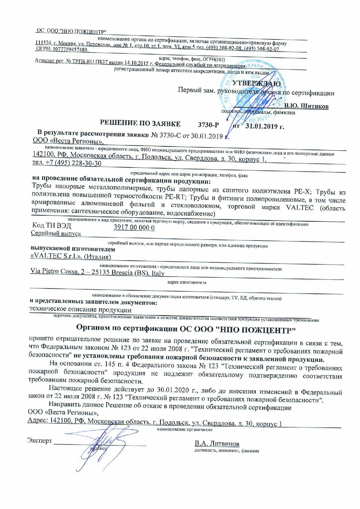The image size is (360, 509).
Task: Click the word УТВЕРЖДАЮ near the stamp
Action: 257,84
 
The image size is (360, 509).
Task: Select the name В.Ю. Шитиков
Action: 306,106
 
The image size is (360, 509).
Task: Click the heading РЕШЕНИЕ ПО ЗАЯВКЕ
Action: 140,124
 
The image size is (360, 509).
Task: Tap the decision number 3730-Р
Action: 208,125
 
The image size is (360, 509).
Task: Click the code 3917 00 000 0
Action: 134,228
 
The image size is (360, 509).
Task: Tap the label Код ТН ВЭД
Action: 51,225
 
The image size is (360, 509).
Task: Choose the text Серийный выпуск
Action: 56,233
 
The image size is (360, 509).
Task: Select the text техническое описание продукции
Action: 81,310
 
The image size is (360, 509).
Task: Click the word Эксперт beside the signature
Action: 39,441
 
